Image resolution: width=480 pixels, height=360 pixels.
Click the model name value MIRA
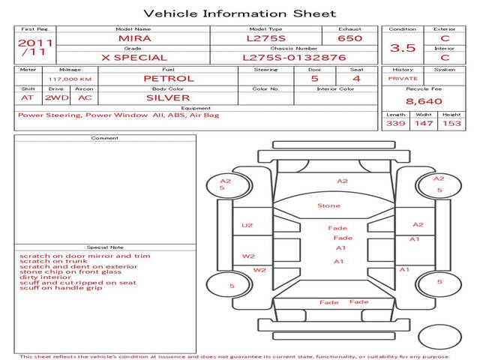[x=135, y=38]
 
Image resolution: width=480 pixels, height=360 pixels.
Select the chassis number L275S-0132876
[x=294, y=58]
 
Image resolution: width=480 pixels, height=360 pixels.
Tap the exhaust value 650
[x=350, y=38]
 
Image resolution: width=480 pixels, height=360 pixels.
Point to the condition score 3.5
[x=403, y=48]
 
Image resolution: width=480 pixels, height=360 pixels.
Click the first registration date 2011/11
[x=35, y=47]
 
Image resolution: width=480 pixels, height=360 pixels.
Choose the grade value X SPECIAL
[x=134, y=58]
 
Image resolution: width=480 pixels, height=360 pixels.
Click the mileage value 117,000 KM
[x=70, y=79]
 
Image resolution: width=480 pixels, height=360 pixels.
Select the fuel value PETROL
[x=169, y=79]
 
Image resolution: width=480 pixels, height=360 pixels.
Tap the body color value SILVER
[x=168, y=98]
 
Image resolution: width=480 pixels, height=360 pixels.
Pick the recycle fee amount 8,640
[x=424, y=101]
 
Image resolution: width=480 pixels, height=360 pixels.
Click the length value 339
[x=395, y=123]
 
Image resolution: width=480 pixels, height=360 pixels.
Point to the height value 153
[x=451, y=123]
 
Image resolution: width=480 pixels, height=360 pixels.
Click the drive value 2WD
[x=57, y=98]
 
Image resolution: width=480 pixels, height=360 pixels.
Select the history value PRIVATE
[x=403, y=79]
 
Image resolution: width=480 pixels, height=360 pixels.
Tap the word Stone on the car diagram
[x=328, y=205]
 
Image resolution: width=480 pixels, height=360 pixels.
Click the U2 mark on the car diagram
[x=247, y=226]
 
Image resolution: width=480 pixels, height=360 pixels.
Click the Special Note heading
[x=105, y=247]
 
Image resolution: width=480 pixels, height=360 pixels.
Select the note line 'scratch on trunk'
[x=53, y=261]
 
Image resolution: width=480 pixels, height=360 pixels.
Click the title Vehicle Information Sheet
[x=240, y=13]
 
